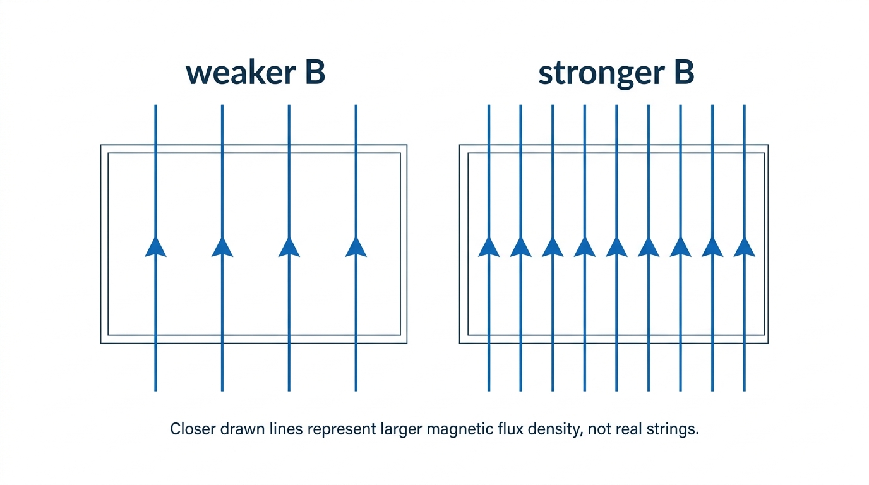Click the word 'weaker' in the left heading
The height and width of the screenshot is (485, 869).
click(x=241, y=73)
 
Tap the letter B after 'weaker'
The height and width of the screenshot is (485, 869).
click(x=315, y=73)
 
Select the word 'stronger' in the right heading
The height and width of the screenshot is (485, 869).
click(x=602, y=75)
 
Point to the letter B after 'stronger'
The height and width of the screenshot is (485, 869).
click(x=684, y=73)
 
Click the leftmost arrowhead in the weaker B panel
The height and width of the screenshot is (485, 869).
click(x=155, y=247)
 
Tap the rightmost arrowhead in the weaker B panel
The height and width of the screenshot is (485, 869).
click(x=356, y=247)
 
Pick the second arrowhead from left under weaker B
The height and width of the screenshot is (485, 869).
click(x=222, y=247)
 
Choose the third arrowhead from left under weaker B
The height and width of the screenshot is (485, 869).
click(x=289, y=247)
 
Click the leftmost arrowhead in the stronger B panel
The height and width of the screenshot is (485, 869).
click(x=489, y=247)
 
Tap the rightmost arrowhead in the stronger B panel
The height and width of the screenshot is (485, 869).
click(x=745, y=247)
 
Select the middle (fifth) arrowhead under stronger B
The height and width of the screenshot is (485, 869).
click(x=616, y=247)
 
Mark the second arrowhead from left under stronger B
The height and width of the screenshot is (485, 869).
click(x=520, y=247)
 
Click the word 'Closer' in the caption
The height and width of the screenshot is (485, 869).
click(x=193, y=429)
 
